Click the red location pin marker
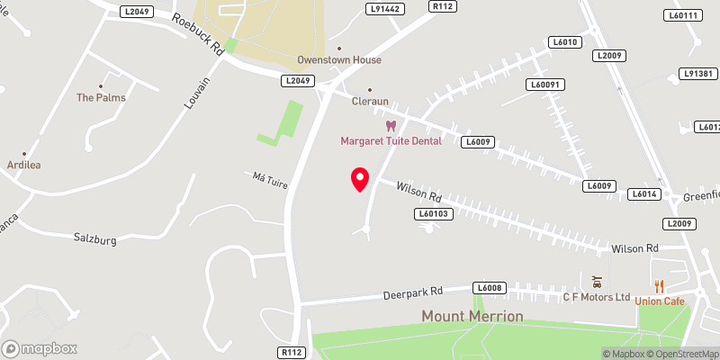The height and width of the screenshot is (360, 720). coord(360,179)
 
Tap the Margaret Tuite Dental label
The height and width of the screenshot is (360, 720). coord(391,140)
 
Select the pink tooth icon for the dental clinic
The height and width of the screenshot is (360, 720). coord(391,125)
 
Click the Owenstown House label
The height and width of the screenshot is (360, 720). coord(339,60)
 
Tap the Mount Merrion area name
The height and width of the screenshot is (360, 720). coord(472,316)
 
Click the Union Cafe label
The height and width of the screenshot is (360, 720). coord(660,301)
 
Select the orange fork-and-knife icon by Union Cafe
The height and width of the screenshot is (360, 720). coord(660,285)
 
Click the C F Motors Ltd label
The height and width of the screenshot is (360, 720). coord(597,297)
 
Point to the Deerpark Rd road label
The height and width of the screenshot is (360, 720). coord(412,292)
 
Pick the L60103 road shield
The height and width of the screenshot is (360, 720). coord(434,213)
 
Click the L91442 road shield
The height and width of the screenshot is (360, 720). coord(382,8)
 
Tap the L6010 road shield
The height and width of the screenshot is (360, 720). coord(565,42)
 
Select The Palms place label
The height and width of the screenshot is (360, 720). coord(101,97)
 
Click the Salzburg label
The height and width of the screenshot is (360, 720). coord(96,238)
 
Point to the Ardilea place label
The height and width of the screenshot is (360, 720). coord(24,166)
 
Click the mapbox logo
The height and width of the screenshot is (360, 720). coord(40,348)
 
